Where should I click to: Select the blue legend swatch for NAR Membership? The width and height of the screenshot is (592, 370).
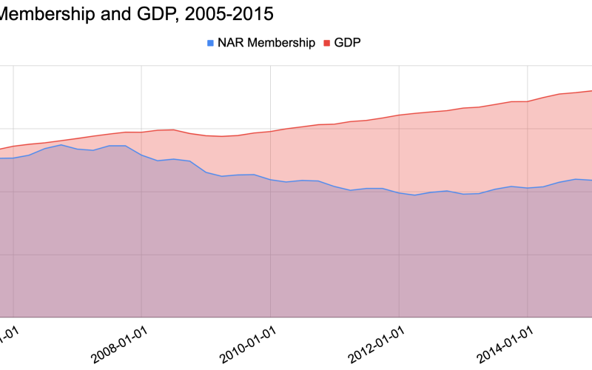pyautogui.click(x=211, y=43)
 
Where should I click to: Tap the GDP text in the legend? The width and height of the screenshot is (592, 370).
pyautogui.click(x=348, y=43)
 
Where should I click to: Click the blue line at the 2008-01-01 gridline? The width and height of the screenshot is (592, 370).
pyautogui.click(x=141, y=155)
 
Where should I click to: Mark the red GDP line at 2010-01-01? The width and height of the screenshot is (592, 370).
pyautogui.click(x=271, y=132)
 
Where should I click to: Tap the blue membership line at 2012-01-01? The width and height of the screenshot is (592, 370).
pyautogui.click(x=400, y=192)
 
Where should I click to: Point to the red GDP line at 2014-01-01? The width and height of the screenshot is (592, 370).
pyautogui.click(x=527, y=101)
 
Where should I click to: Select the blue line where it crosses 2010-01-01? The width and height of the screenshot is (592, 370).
pyautogui.click(x=271, y=179)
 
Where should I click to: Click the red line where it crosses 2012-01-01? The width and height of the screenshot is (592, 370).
pyautogui.click(x=400, y=115)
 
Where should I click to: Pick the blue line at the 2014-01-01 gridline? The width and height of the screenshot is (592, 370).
pyautogui.click(x=527, y=188)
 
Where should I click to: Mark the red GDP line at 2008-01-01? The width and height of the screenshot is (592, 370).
pyautogui.click(x=141, y=132)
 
